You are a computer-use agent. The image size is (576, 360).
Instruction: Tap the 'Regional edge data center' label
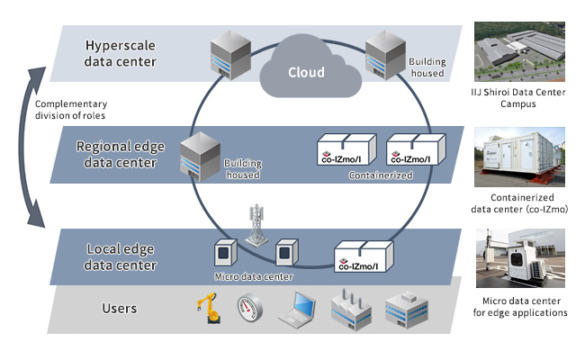[120, 154]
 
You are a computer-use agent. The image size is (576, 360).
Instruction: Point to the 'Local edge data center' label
[121, 257]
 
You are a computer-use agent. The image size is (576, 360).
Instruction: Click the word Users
[120, 309]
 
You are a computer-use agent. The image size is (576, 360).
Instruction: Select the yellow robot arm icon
[208, 309]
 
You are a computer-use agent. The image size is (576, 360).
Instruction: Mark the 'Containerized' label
[381, 175]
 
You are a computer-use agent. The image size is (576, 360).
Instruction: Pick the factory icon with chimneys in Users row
[349, 310]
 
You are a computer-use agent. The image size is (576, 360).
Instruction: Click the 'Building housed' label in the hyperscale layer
[427, 67]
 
